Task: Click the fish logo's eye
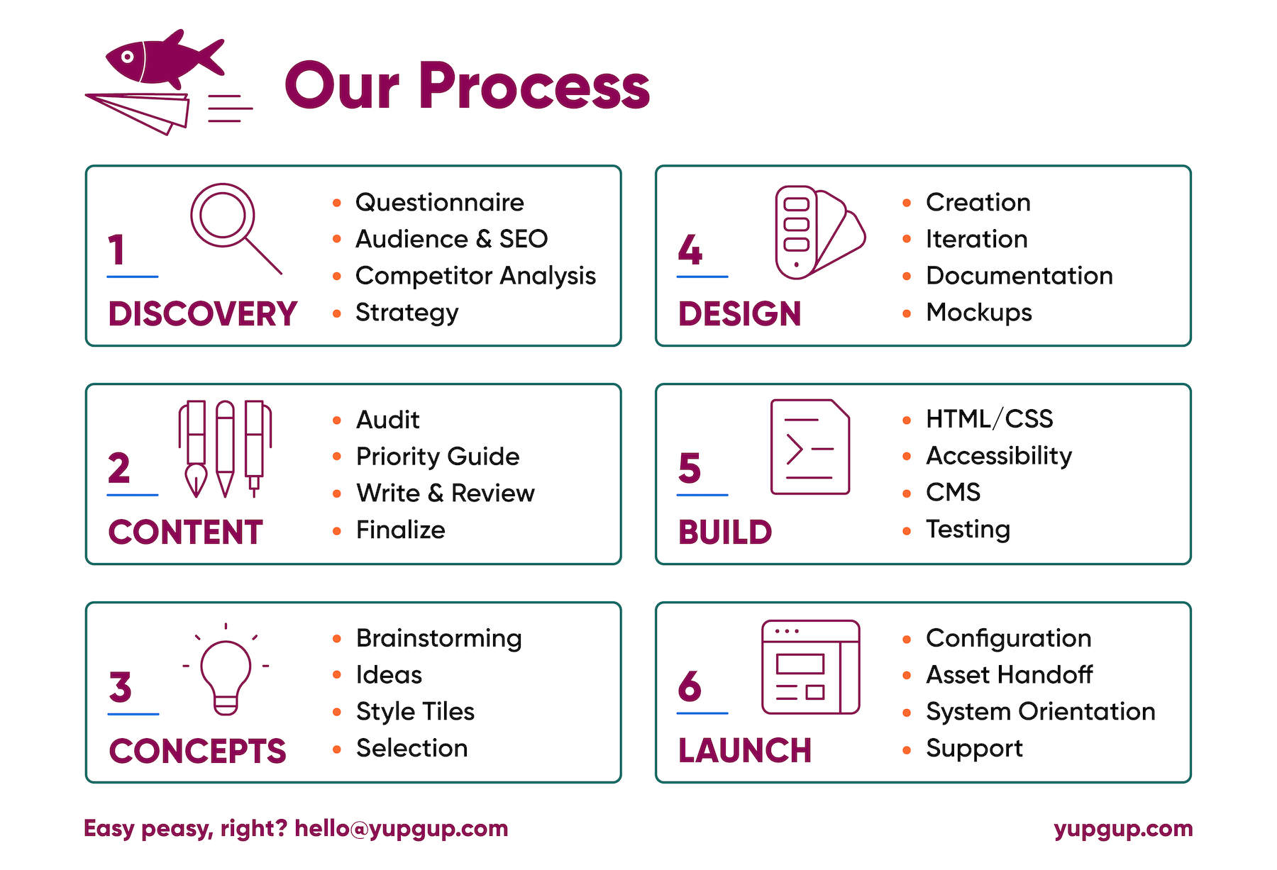(x=128, y=56)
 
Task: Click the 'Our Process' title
(x=467, y=86)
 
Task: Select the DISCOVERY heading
(x=203, y=314)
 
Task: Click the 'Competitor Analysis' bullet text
(x=475, y=276)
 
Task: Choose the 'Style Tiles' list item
(x=415, y=711)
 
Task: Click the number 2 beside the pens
(x=119, y=468)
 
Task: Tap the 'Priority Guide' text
(x=438, y=456)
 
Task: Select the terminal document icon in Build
(x=810, y=447)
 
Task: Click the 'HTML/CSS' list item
(x=989, y=419)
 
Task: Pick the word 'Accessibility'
(x=999, y=456)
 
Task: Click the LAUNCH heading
(x=745, y=751)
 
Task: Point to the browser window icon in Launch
(x=811, y=667)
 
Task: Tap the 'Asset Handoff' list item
(x=1009, y=674)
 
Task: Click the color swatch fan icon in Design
(x=820, y=233)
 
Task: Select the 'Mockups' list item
(x=979, y=312)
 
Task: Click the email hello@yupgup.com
(x=402, y=829)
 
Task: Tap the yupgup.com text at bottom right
(x=1123, y=829)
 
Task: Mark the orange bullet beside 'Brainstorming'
(x=337, y=638)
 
